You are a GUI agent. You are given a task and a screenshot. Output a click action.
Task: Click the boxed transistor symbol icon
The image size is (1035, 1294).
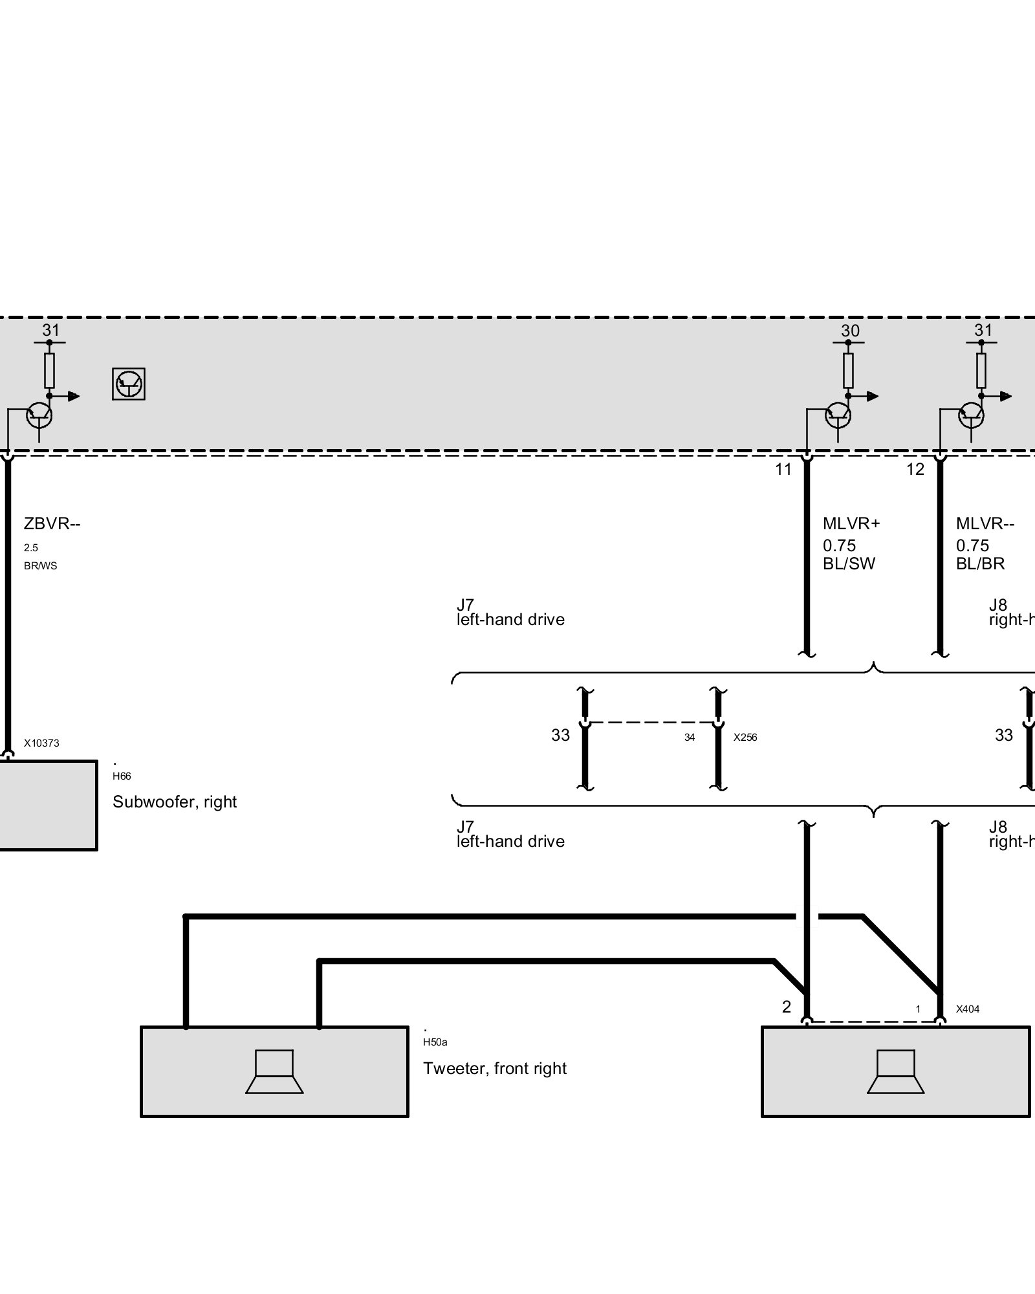128,384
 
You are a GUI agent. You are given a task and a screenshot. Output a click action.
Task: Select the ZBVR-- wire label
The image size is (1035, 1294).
52,523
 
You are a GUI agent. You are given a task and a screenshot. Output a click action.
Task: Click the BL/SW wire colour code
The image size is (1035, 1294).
849,564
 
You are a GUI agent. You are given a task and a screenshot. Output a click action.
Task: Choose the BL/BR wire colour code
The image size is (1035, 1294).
980,564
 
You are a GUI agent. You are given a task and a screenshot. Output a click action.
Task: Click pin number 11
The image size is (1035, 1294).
783,470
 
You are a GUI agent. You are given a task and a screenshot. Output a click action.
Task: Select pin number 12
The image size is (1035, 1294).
915,470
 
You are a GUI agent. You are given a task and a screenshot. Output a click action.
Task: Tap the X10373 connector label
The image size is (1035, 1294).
41,743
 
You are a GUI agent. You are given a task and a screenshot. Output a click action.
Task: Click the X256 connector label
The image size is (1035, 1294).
745,738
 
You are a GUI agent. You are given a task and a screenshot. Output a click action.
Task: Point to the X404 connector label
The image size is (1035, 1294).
968,1009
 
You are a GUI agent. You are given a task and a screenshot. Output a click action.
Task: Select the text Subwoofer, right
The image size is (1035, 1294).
175,802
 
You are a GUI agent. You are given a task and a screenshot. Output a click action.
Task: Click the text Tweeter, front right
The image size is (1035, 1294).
495,1068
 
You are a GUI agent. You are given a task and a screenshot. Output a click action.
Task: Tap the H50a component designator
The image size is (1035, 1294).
435,1042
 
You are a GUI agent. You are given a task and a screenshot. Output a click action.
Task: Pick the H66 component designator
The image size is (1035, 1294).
122,776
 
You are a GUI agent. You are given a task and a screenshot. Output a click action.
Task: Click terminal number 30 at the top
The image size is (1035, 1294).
850,331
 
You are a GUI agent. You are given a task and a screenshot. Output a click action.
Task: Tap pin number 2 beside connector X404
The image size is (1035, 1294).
787,1007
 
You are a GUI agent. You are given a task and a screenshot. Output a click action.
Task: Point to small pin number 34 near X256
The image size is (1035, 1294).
690,738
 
